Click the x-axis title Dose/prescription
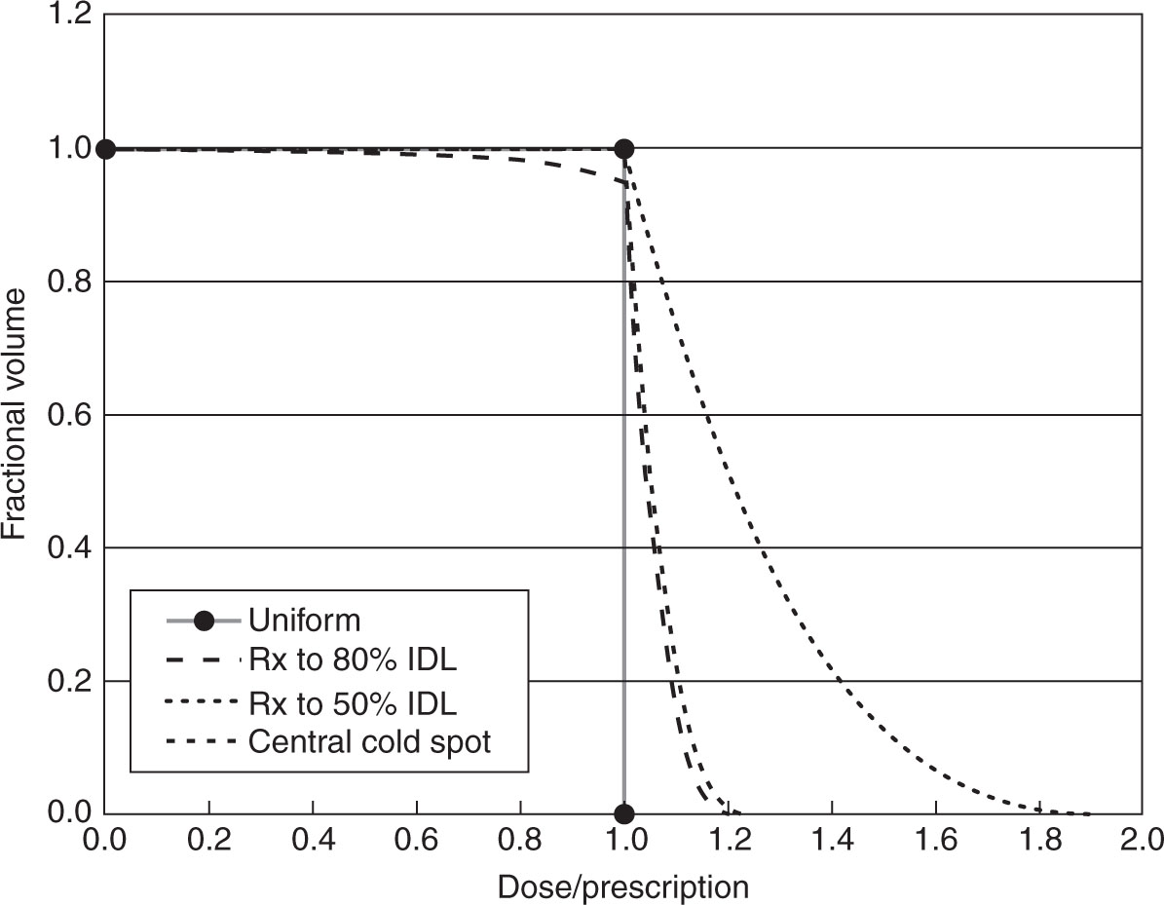[x=622, y=886]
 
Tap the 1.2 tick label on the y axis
[x=70, y=16]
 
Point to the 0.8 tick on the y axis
[x=70, y=282]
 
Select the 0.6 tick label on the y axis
[x=70, y=415]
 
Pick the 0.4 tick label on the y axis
[x=70, y=548]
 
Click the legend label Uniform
[x=305, y=620]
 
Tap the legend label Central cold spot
[x=370, y=742]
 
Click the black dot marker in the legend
[x=204, y=620]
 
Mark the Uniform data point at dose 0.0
[x=105, y=149]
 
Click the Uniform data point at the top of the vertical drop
[x=623, y=149]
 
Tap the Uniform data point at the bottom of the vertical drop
[x=623, y=813]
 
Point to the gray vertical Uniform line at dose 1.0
[x=623, y=487]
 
